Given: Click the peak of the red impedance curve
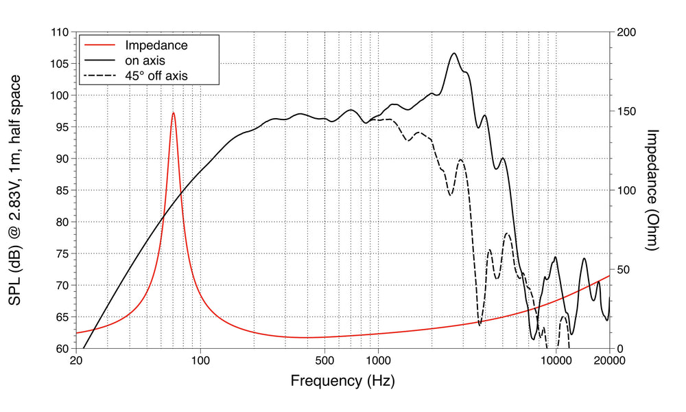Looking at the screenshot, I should point(174,113).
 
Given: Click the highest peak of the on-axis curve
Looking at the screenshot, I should point(453,54).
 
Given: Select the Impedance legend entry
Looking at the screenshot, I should point(156,45).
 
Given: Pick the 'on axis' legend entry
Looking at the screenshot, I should point(145,60).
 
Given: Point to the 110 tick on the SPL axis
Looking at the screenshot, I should point(60,32).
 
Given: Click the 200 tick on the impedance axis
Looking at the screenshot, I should point(626,32).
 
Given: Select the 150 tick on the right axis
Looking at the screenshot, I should point(626,111).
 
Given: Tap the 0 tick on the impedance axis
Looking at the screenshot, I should point(619,348).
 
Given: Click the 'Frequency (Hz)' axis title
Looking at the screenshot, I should point(342,380).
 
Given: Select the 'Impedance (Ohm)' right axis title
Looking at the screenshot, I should point(652,190).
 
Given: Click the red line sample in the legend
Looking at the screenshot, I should point(99,45).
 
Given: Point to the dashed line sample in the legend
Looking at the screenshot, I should point(99,76).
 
